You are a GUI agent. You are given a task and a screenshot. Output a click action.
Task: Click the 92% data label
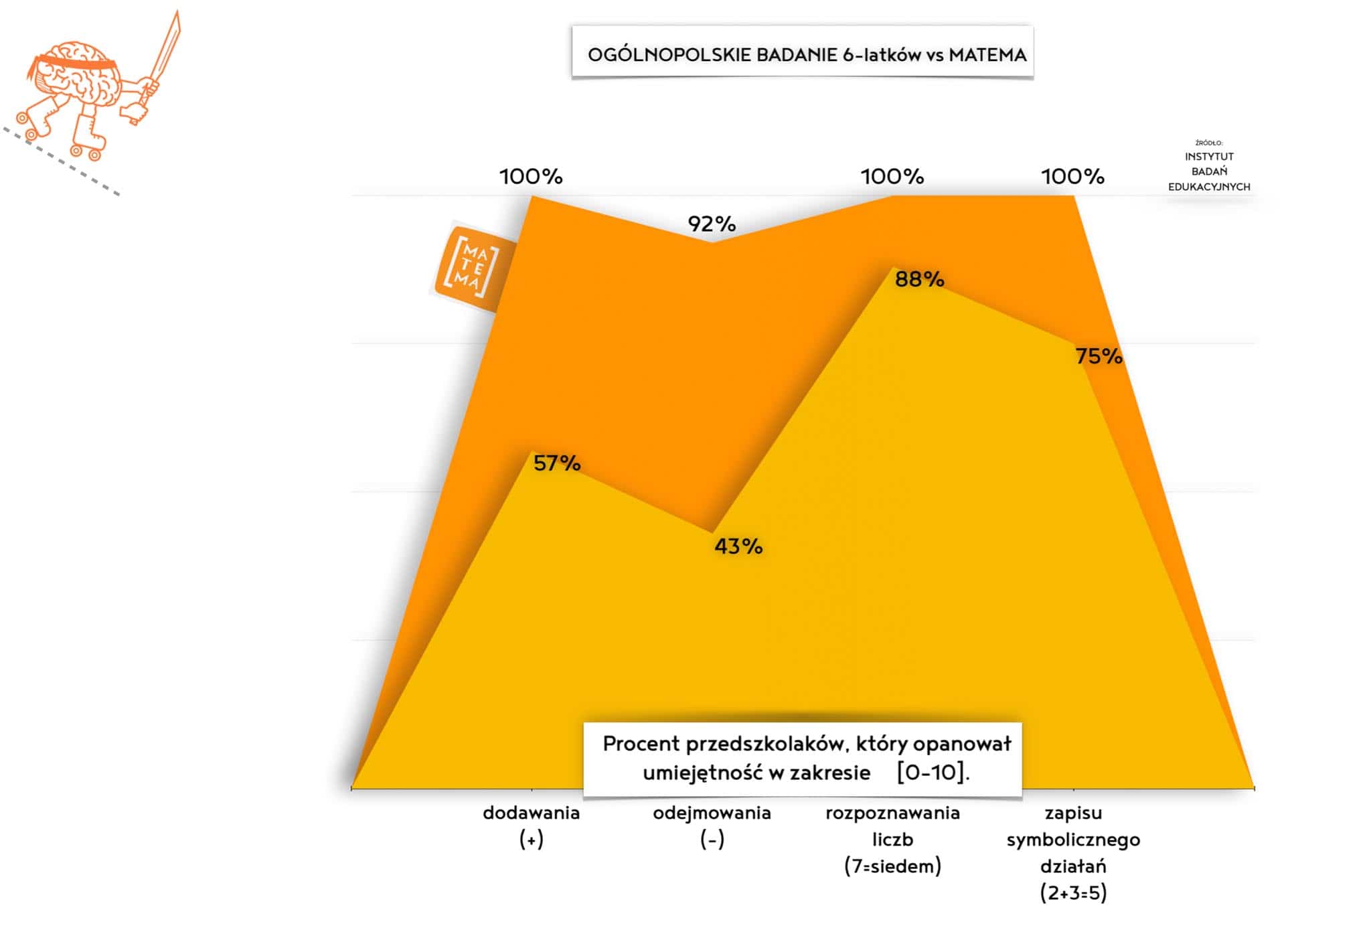click(x=712, y=224)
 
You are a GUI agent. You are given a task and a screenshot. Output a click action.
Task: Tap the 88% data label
click(x=919, y=279)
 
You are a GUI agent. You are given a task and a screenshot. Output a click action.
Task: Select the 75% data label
click(x=1099, y=356)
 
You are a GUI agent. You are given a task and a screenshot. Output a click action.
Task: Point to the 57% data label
click(x=557, y=463)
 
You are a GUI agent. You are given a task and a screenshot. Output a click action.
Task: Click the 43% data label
click(x=738, y=547)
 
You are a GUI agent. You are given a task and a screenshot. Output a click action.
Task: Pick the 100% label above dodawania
click(x=531, y=177)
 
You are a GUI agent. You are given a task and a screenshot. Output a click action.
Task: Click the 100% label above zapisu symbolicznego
click(x=1072, y=177)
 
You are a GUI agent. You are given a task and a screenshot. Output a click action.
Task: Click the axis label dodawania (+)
click(x=532, y=826)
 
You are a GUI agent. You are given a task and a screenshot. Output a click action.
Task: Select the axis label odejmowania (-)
click(x=712, y=826)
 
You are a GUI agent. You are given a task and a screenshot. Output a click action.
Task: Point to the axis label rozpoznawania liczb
click(x=892, y=839)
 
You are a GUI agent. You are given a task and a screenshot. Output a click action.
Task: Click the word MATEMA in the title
click(x=987, y=55)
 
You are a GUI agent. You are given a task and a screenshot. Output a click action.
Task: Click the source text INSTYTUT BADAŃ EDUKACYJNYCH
click(x=1209, y=171)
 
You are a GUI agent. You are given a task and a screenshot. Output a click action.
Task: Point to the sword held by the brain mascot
click(x=164, y=50)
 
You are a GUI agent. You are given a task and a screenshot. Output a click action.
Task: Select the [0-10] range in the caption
click(x=933, y=773)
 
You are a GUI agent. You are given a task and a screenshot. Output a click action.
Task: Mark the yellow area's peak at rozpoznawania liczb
click(x=893, y=269)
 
